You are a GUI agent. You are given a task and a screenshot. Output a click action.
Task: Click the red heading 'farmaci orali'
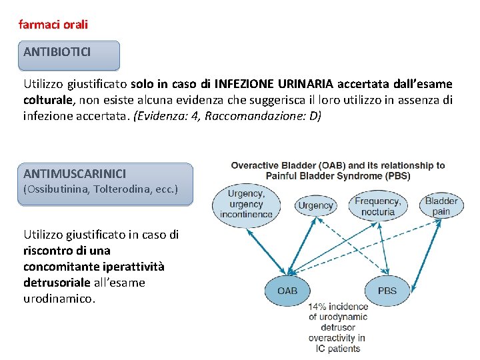[x=53, y=25]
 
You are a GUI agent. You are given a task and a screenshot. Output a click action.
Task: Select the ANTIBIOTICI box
[x=70, y=55]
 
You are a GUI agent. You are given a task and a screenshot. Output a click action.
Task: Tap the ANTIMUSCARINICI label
[x=75, y=173]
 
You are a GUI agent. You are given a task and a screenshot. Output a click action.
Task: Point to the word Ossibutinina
[x=55, y=189]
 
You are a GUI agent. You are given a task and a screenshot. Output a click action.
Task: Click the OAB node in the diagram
[x=287, y=291]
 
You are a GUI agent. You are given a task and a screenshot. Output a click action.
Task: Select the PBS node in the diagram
[x=387, y=291]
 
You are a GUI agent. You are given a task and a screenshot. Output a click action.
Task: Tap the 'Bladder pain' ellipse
[x=441, y=206]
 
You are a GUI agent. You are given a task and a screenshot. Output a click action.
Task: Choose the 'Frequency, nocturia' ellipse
[x=377, y=206]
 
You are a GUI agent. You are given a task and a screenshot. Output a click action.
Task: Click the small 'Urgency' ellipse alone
[x=315, y=205]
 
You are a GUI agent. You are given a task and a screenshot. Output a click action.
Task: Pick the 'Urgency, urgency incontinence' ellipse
[x=246, y=204]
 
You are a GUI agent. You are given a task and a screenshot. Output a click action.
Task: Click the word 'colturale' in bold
[x=47, y=100]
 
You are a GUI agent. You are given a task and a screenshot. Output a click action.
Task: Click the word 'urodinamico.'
[x=59, y=299]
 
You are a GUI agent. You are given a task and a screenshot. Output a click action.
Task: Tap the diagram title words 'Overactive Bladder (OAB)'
[x=288, y=165]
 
